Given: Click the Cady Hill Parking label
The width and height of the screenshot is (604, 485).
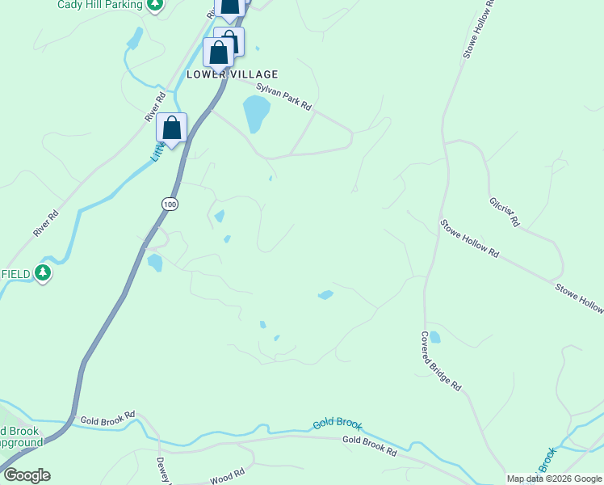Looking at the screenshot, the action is click(x=99, y=5).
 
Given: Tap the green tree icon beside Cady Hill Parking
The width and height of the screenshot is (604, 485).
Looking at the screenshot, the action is click(x=156, y=5).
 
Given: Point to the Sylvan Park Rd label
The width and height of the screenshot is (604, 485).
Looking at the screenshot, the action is click(x=283, y=100).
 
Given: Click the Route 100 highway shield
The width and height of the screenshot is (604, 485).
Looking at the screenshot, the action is click(x=169, y=205).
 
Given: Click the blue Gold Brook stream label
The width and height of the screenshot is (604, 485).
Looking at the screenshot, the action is click(x=338, y=424).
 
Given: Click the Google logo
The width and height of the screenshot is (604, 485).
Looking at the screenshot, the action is click(x=26, y=475).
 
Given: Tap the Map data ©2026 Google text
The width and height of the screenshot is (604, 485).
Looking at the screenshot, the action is click(x=554, y=479).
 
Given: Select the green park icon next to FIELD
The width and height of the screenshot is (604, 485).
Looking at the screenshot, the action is click(x=44, y=274).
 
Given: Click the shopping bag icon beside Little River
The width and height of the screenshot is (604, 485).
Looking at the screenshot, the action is click(x=171, y=128).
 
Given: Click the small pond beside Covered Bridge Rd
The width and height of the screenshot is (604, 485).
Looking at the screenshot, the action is click(x=434, y=336).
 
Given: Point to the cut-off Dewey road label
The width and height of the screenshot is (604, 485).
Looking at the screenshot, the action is click(x=162, y=471).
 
